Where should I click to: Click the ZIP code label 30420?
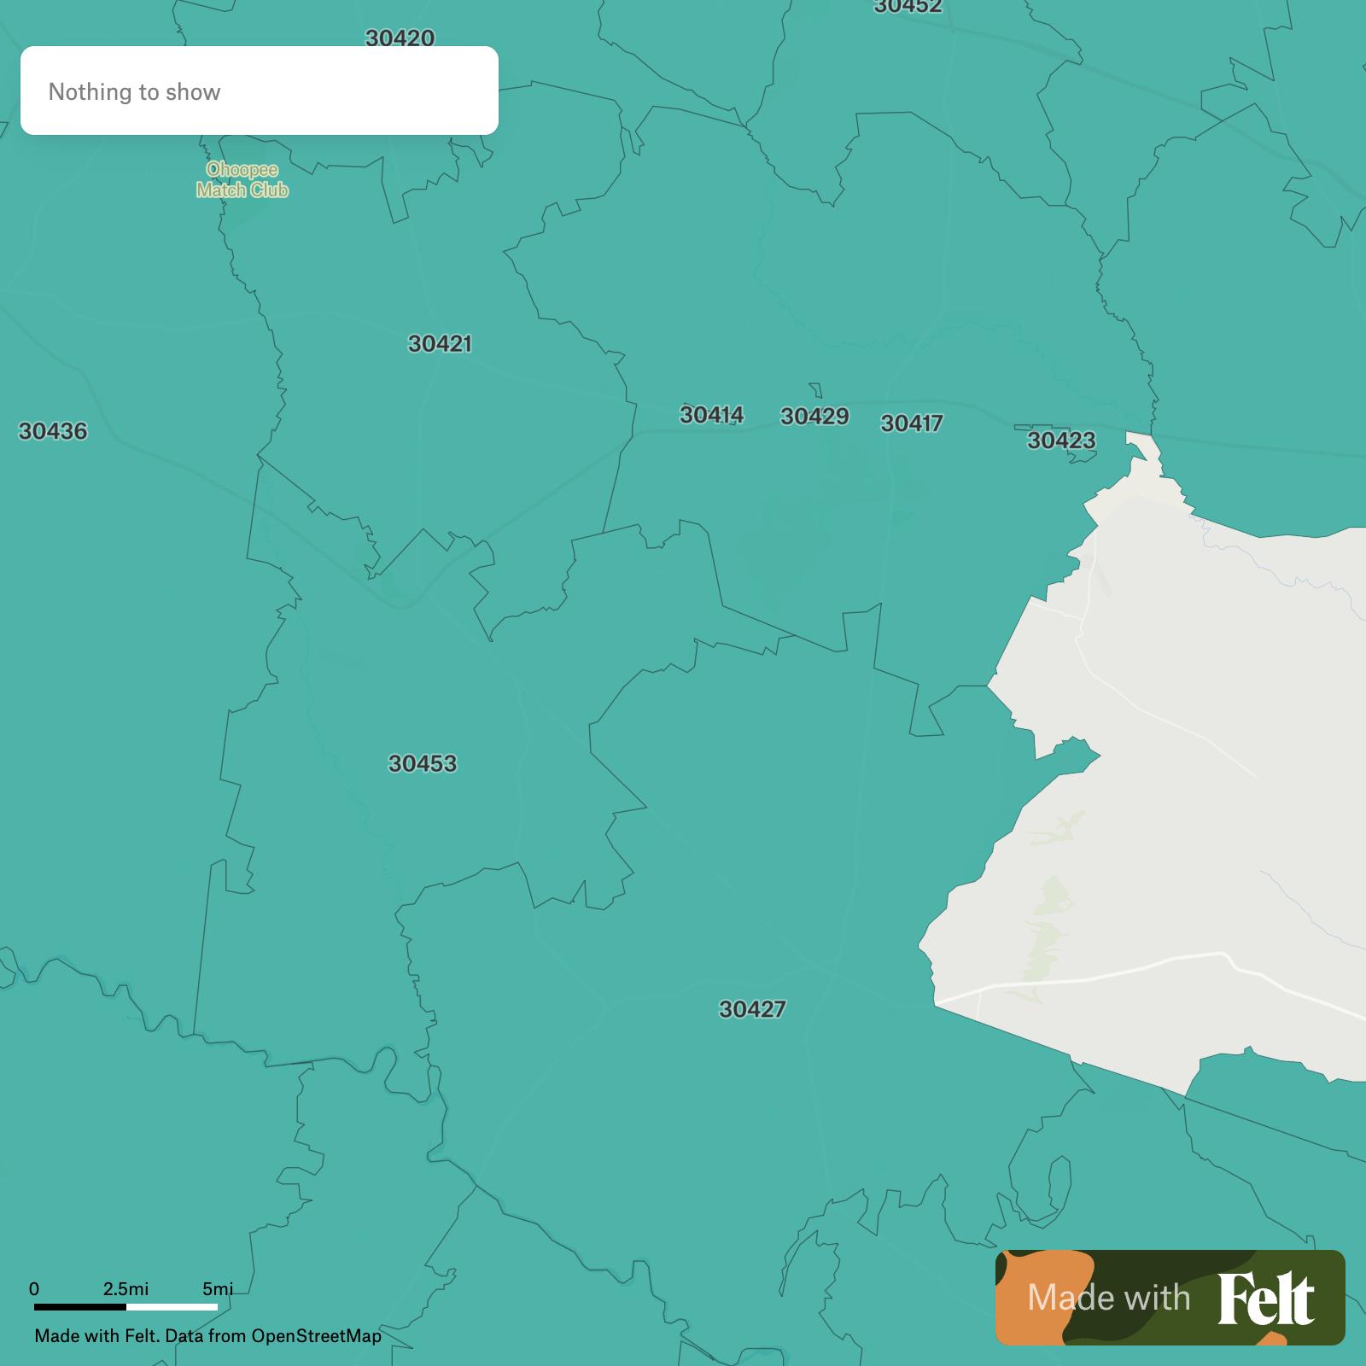400,38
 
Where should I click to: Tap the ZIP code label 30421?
440,344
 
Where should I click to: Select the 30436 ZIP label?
53,431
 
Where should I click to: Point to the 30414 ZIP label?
711,415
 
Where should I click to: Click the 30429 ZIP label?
814,417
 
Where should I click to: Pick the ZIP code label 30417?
911,423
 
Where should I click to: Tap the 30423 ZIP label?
1060,441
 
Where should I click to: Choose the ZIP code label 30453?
423,763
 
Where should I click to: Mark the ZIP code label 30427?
751,1009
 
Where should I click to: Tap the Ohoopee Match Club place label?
242,180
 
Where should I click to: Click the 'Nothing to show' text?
134,92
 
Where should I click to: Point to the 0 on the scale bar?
34,1288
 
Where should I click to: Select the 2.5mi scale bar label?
126,1288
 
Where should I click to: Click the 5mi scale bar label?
217,1288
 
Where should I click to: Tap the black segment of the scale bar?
80,1306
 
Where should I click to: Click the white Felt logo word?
1265,1298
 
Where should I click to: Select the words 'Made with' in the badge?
1108,1298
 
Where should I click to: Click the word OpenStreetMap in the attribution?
316,1335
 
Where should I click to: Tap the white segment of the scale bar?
172,1306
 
